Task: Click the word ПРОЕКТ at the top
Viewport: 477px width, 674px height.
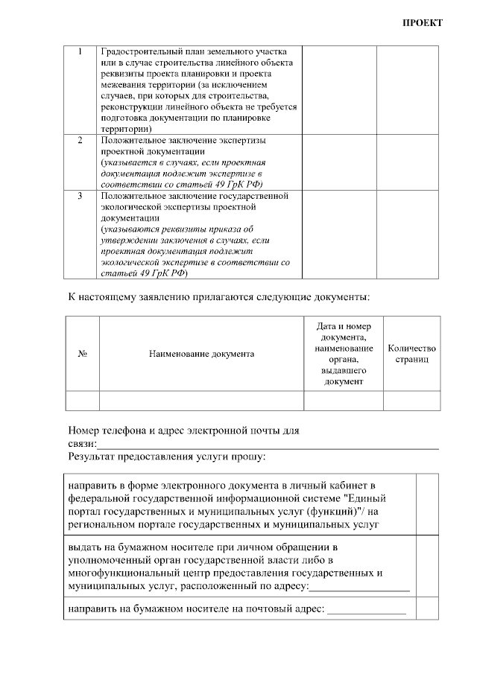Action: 423,22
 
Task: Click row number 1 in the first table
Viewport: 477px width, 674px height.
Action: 80,52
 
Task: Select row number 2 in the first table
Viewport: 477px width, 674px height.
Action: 80,140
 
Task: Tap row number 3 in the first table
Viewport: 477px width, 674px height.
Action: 80,196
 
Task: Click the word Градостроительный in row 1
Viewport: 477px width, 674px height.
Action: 142,52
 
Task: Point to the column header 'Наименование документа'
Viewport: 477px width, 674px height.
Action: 201,354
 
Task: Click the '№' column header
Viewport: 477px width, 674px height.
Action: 83,354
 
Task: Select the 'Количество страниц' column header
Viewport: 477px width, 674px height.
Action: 411,354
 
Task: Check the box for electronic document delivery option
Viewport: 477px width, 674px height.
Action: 427,503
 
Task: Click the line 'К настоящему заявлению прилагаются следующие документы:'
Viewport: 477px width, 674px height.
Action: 219,298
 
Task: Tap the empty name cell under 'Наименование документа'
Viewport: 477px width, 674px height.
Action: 201,400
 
